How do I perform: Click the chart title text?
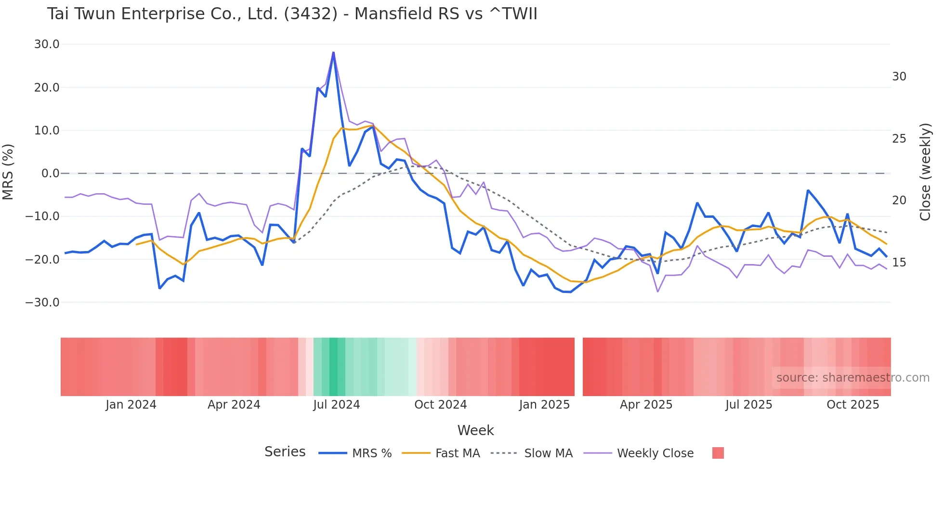click(x=292, y=14)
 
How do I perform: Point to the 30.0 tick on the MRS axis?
click(x=47, y=44)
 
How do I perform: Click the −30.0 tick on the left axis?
click(x=42, y=303)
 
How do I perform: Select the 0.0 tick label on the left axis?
click(x=50, y=173)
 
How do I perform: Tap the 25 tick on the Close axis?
click(x=899, y=139)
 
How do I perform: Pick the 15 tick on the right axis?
click(x=899, y=263)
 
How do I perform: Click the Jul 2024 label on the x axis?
click(x=336, y=405)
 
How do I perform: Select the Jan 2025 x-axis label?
click(x=544, y=405)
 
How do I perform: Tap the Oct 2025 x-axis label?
click(x=852, y=405)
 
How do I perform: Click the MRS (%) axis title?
click(x=8, y=172)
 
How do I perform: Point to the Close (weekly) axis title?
click(x=925, y=172)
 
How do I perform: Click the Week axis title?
click(x=475, y=430)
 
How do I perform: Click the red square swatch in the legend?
click(x=718, y=453)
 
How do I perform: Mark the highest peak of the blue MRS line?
click(x=333, y=53)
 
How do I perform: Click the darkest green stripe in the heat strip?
click(x=333, y=367)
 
